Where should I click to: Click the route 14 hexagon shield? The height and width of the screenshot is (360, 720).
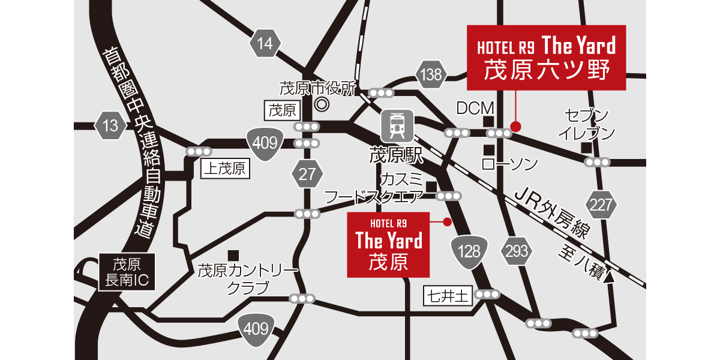[265, 43]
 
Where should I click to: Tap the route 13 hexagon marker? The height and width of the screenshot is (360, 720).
[110, 126]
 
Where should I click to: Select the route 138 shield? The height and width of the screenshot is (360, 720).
[431, 75]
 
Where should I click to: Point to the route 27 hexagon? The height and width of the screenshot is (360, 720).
[307, 175]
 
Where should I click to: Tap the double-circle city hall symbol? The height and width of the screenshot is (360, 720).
[322, 104]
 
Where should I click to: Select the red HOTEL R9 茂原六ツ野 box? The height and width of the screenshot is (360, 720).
[546, 58]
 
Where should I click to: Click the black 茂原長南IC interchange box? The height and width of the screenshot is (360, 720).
[127, 272]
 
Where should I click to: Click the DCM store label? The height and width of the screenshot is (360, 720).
[475, 109]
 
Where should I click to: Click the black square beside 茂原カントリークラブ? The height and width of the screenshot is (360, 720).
[233, 255]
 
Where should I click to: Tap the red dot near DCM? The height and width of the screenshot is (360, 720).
[515, 126]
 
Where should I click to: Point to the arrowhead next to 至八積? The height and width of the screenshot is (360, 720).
[610, 277]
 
